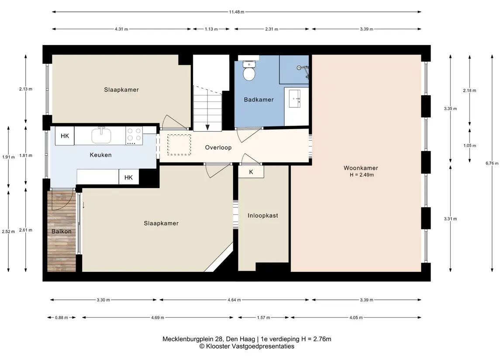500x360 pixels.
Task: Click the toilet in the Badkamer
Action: click(x=249, y=71)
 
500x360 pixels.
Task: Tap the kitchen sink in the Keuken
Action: click(x=101, y=135)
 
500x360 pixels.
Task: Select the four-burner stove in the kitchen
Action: click(x=134, y=136)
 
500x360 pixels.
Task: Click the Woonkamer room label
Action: click(x=361, y=168)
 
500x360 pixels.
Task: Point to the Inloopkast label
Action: click(x=263, y=216)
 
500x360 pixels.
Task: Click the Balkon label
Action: click(x=62, y=231)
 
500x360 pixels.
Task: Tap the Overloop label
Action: click(x=218, y=147)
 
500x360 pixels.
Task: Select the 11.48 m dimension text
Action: click(x=237, y=12)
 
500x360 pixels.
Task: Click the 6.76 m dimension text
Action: click(x=492, y=163)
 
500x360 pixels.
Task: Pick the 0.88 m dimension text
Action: click(x=62, y=318)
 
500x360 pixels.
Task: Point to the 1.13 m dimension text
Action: click(x=211, y=29)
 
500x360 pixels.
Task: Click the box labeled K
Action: click(x=251, y=172)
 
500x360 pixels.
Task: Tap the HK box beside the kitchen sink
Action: click(x=65, y=136)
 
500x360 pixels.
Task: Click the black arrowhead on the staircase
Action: click(x=207, y=127)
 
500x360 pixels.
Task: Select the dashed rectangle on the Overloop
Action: click(x=179, y=145)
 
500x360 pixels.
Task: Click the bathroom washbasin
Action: click(x=294, y=99)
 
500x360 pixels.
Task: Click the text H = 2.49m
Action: click(x=362, y=175)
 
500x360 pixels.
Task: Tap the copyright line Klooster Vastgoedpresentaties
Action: click(x=247, y=346)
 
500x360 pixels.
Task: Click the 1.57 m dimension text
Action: click(x=263, y=318)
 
